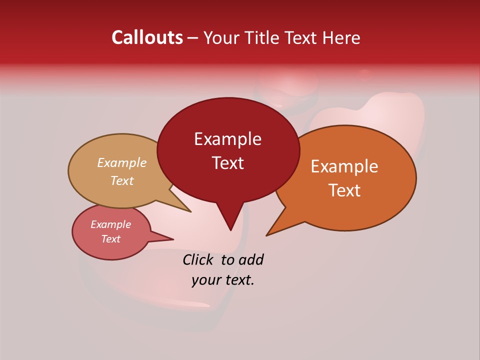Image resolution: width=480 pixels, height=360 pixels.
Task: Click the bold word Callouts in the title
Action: coord(147,37)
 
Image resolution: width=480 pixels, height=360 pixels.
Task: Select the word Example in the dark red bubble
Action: coord(227,139)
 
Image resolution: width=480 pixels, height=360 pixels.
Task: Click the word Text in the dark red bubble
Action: coord(227,163)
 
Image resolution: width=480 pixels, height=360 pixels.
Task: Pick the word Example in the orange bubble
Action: coord(344,166)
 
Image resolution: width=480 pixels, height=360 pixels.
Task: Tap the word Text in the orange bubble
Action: coord(344,190)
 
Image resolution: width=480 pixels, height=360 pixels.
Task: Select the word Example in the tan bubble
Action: coord(121,163)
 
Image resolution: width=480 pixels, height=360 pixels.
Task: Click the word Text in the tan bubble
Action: coord(121,181)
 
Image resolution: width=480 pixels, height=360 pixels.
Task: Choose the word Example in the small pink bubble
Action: coord(110,224)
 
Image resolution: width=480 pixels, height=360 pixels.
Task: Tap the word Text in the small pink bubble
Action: coord(110,239)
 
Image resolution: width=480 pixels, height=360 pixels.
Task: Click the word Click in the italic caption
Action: coord(199,259)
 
